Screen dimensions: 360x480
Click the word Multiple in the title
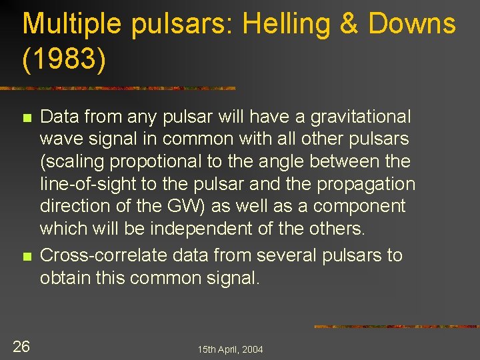(x=71, y=25)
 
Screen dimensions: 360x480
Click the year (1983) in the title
(x=64, y=59)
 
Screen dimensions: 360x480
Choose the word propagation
(x=366, y=185)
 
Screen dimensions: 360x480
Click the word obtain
(x=64, y=278)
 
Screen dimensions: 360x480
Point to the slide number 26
(x=21, y=346)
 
